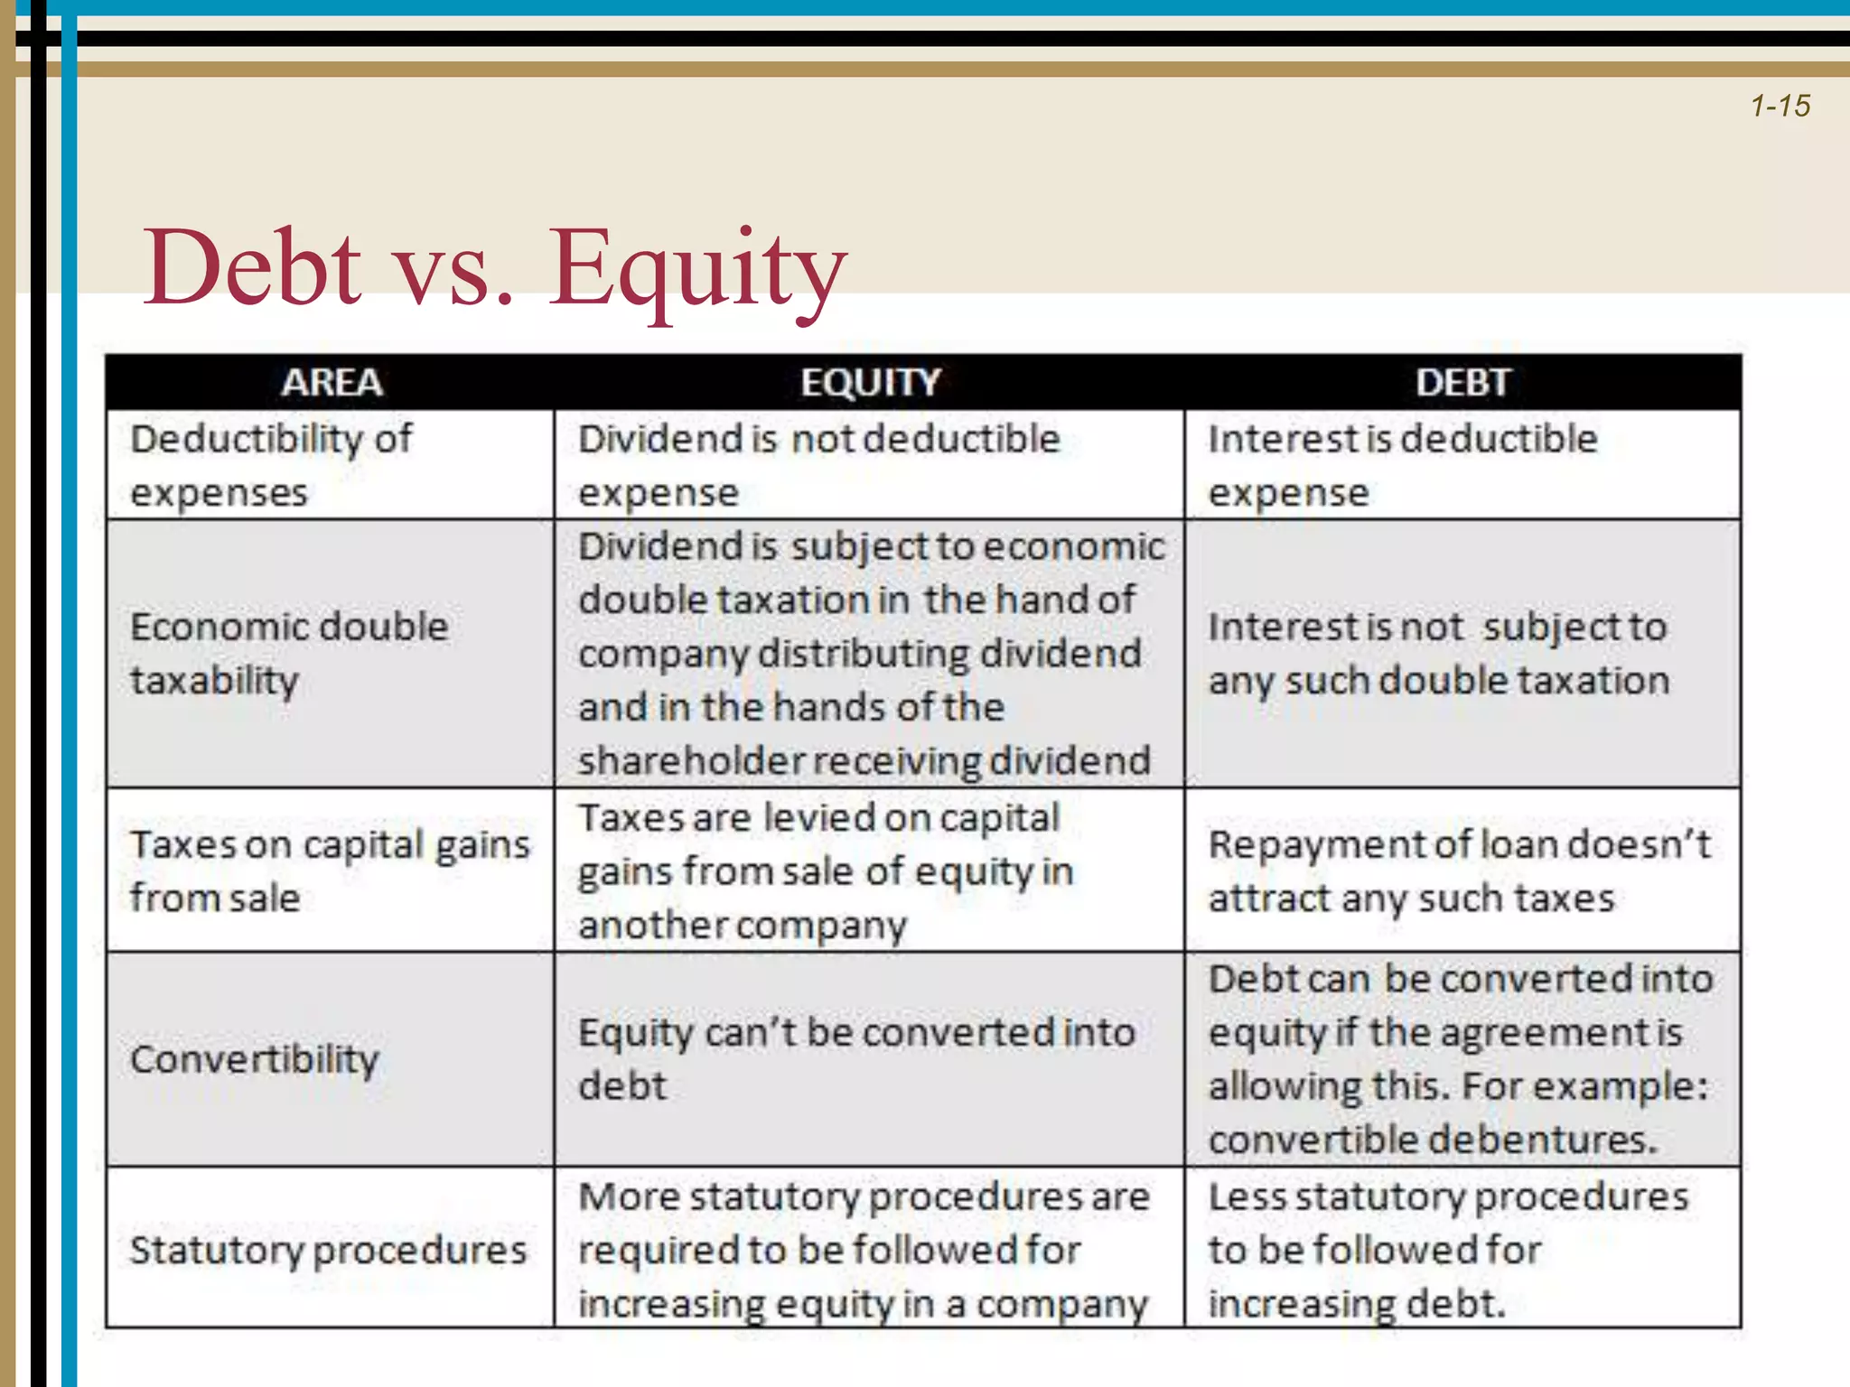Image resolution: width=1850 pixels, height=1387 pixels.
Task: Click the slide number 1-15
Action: click(1780, 107)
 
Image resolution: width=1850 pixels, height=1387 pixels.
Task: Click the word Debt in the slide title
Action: click(252, 268)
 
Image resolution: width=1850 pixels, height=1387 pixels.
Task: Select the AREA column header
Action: click(332, 383)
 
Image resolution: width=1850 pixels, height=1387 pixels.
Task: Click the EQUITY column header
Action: click(870, 383)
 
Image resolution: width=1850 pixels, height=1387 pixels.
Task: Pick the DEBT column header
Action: click(1462, 383)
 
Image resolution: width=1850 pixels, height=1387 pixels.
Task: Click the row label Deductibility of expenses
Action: click(271, 465)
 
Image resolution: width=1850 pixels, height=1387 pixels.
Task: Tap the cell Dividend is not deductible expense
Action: click(818, 465)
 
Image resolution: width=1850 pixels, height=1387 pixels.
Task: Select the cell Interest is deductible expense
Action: click(1402, 465)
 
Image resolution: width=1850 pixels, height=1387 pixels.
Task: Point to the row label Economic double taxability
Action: click(289, 653)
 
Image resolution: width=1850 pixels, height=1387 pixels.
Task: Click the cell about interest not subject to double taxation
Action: click(1438, 653)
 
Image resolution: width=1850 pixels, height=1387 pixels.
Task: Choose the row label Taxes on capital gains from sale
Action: click(330, 870)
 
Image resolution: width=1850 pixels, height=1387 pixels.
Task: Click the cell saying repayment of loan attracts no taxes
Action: click(1459, 870)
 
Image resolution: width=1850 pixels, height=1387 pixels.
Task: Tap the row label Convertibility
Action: click(255, 1059)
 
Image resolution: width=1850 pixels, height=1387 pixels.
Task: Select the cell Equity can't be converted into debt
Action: click(855, 1058)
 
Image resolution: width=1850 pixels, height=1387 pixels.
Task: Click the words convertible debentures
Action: click(1432, 1140)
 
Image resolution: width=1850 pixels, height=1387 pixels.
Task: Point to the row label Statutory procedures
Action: click(328, 1251)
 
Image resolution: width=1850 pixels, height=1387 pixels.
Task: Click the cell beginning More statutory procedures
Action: click(864, 1250)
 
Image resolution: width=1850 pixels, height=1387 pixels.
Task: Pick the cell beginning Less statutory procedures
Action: click(1448, 1250)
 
